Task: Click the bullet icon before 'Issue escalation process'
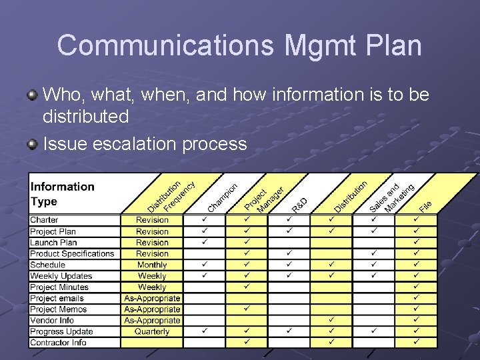coord(33,144)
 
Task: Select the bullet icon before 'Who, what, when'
coord(33,95)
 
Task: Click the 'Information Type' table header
coord(63,194)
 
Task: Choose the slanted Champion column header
coord(223,198)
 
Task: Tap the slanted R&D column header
coord(299,205)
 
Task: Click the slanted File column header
coord(425,206)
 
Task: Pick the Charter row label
coord(44,220)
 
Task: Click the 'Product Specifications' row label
coord(72,253)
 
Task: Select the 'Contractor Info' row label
coord(58,343)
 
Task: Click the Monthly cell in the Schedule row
coord(152,265)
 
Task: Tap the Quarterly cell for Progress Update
coord(152,331)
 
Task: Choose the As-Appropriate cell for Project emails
coord(152,298)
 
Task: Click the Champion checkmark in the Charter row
coord(205,219)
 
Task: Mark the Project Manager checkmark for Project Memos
coord(246,309)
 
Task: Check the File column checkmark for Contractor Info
coord(416,342)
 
